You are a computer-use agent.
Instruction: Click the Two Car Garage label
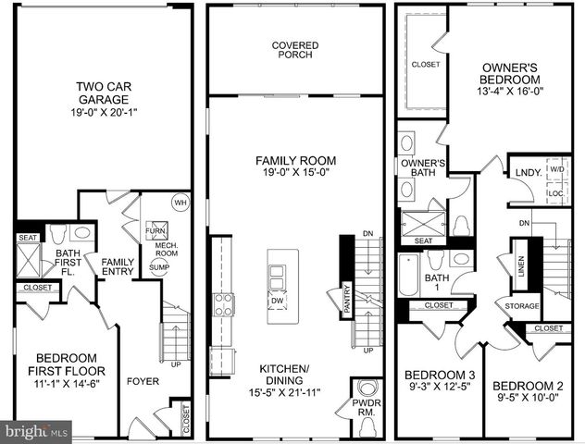[102, 93]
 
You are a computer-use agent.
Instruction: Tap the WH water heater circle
[180, 203]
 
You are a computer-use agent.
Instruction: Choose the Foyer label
[143, 380]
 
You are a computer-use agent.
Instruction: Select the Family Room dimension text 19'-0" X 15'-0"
[295, 173]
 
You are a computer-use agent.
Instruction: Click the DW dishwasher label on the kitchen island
[277, 301]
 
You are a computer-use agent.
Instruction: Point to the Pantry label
[346, 300]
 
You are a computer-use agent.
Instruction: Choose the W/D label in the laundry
[555, 169]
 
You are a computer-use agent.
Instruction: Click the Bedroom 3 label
[441, 376]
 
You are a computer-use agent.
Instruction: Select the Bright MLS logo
[38, 431]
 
